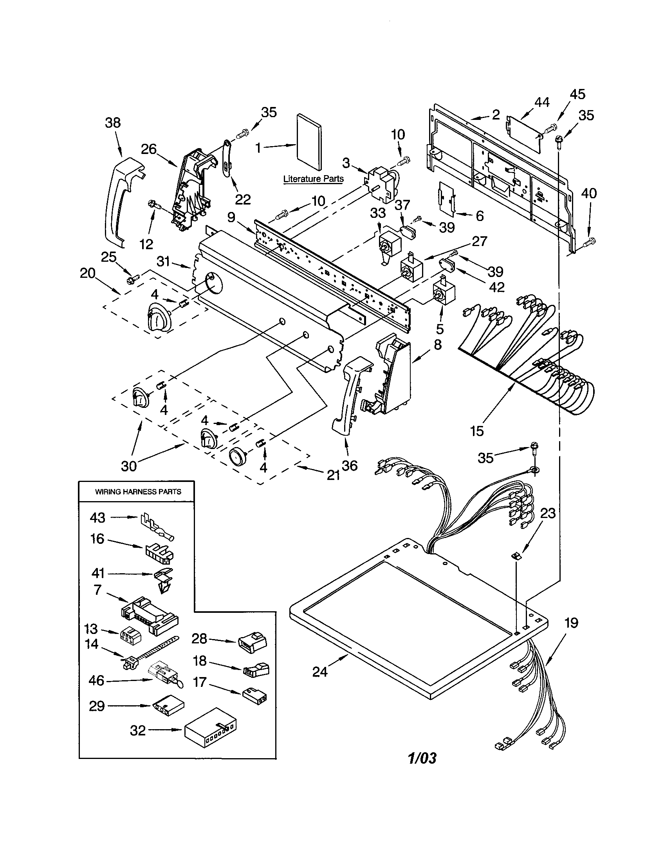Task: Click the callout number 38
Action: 113,122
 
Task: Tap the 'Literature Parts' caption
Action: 314,179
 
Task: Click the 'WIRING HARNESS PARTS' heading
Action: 138,492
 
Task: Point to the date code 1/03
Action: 422,758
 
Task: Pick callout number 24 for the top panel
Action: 320,671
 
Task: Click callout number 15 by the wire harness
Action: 477,431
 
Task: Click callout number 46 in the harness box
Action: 96,680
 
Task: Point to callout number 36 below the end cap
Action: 349,465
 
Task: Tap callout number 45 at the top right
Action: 577,94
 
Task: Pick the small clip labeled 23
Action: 515,556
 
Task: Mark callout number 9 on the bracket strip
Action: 231,217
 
